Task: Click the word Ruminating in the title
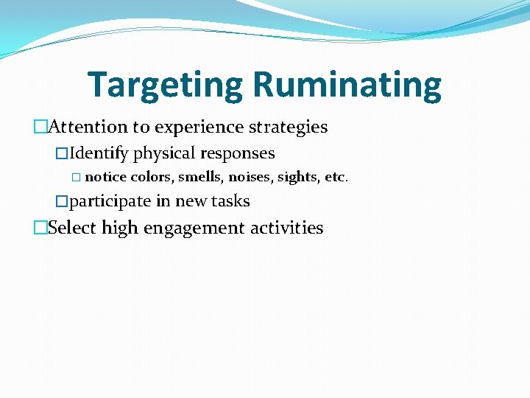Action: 347,85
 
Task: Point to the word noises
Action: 250,177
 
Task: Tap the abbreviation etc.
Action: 336,177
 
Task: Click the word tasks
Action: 230,200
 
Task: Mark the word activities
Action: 286,227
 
